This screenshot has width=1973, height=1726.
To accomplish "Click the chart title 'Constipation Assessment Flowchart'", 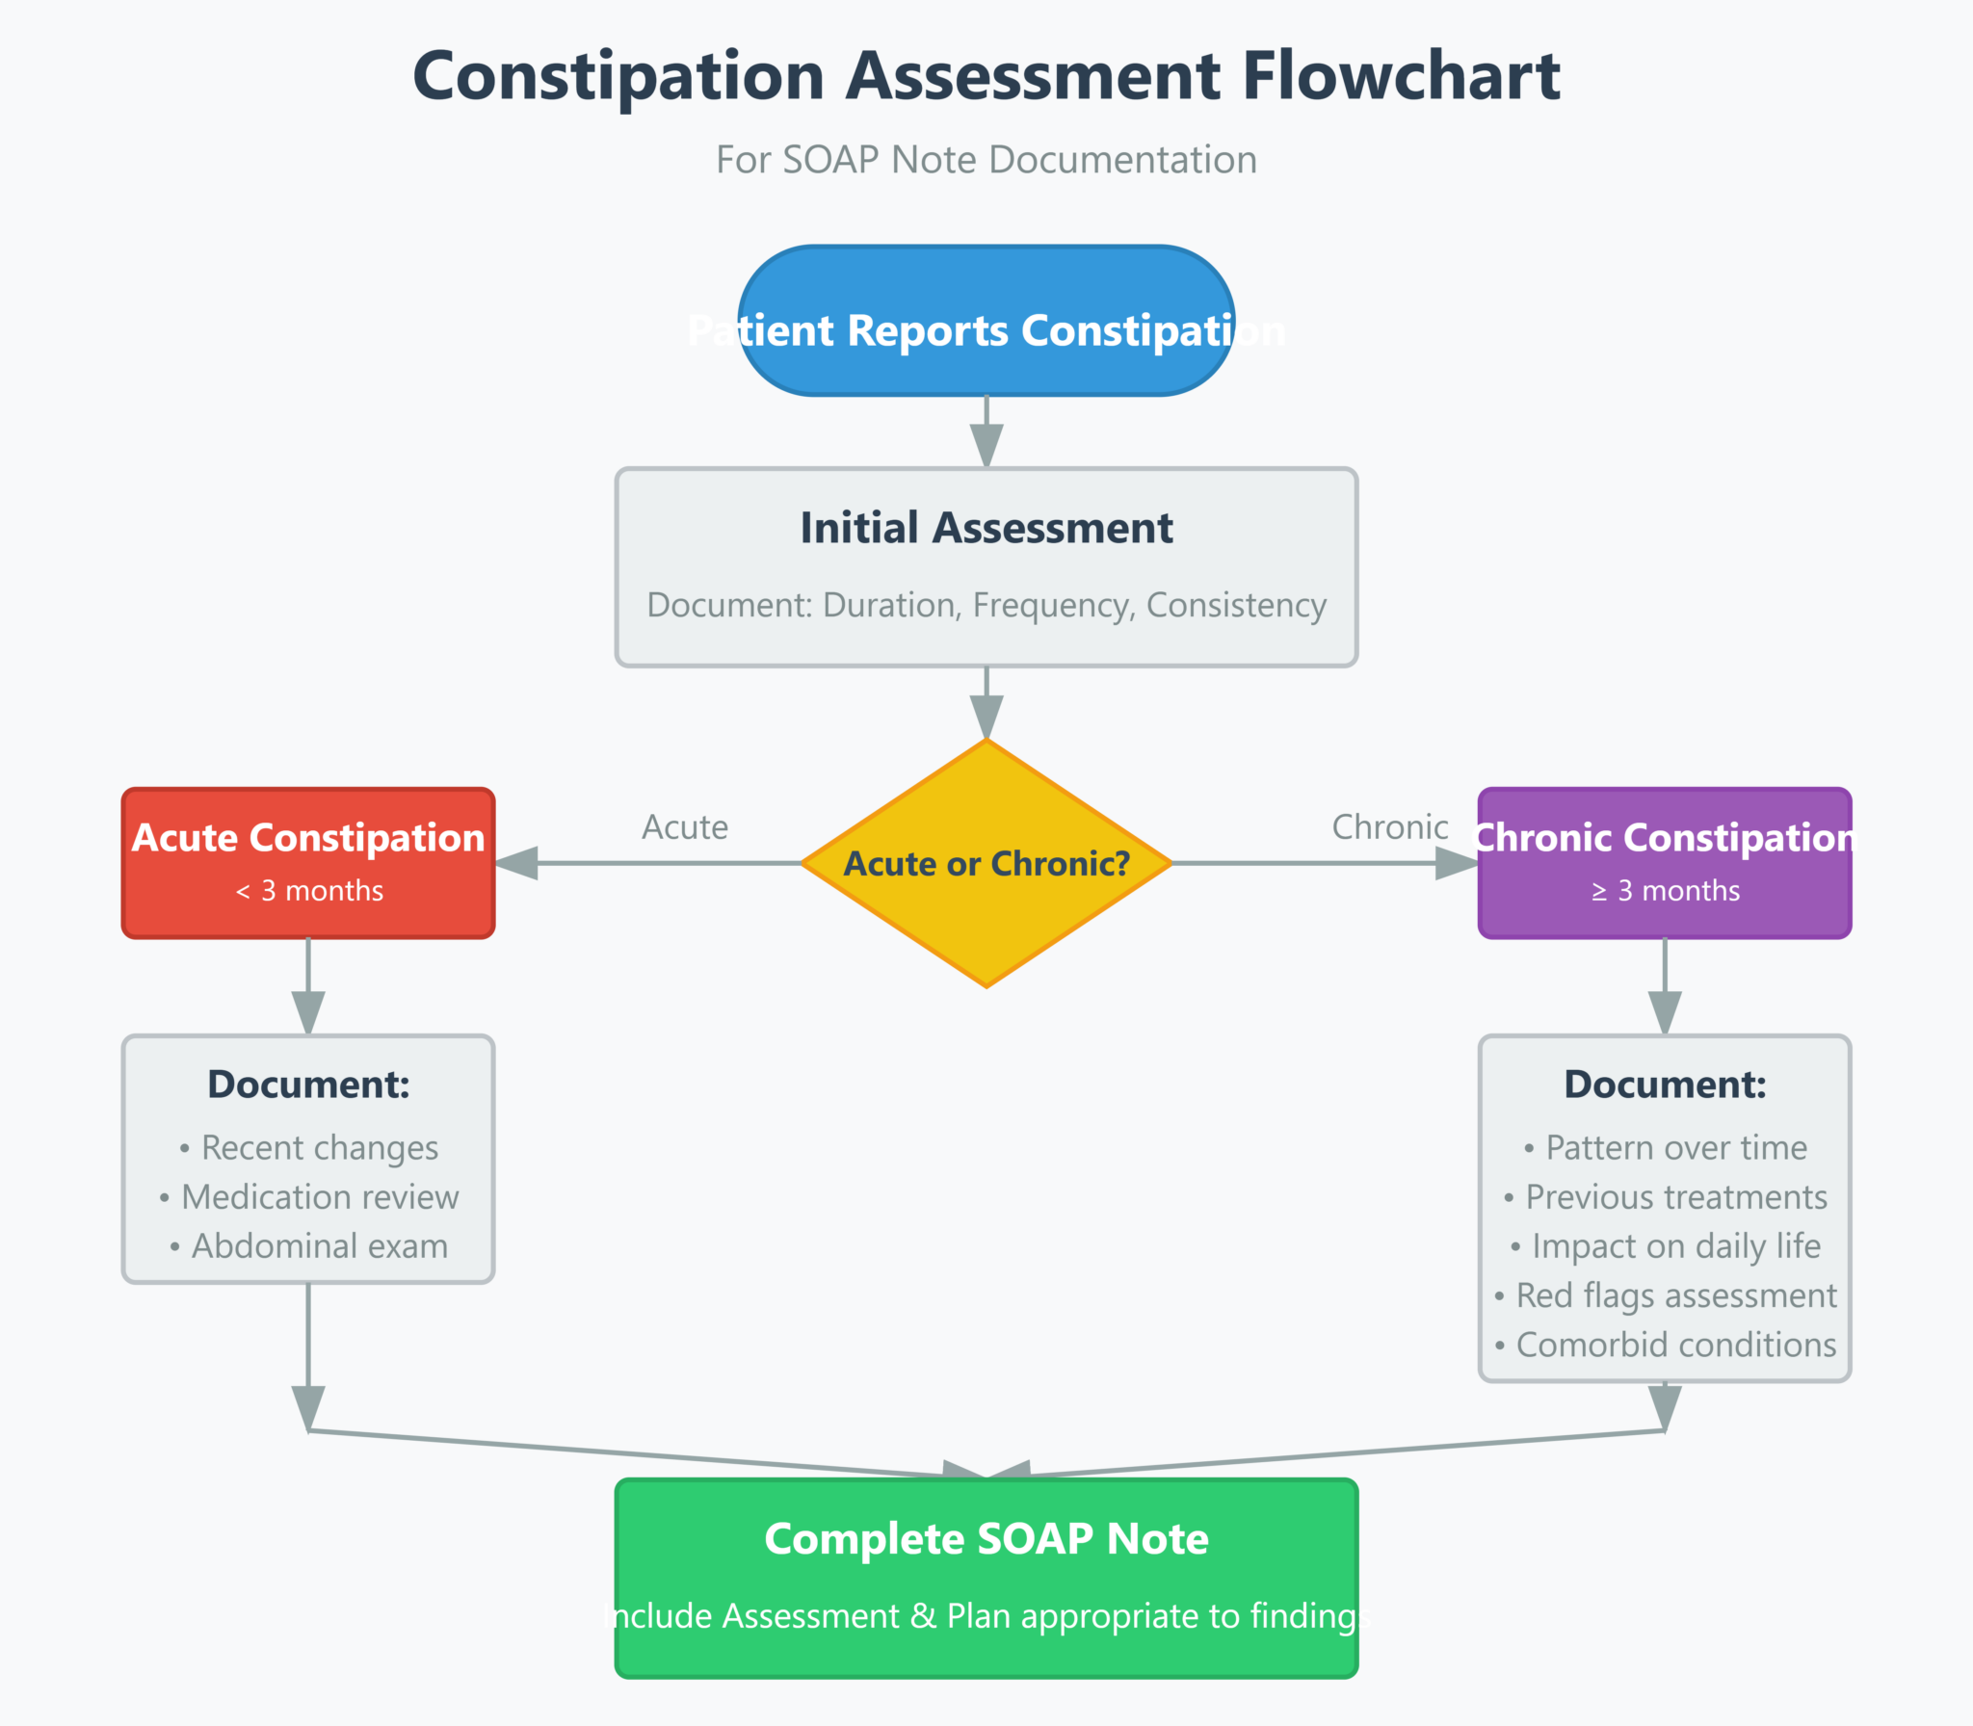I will (x=986, y=76).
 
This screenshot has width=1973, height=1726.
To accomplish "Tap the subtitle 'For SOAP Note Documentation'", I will (x=986, y=160).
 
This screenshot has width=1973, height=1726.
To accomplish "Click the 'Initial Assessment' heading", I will (x=986, y=528).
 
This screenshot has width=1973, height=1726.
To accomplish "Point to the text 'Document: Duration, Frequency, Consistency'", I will (x=986, y=605).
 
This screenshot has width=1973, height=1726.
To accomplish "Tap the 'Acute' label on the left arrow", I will (x=685, y=827).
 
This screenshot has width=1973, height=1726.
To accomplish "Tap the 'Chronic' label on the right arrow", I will (x=1389, y=827).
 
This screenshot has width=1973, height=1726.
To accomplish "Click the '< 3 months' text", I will (x=308, y=891).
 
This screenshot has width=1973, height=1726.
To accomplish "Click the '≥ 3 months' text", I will (x=1665, y=891).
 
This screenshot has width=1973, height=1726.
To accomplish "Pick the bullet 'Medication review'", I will (x=309, y=1197).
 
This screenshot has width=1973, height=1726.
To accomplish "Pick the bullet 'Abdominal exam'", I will (x=309, y=1246).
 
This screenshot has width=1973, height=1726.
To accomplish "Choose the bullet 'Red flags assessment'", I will (x=1666, y=1295).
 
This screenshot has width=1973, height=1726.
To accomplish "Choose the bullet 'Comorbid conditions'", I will (x=1666, y=1345).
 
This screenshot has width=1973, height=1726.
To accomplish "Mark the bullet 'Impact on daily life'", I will (x=1666, y=1246).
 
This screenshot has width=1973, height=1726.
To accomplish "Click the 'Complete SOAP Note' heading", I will (x=986, y=1539).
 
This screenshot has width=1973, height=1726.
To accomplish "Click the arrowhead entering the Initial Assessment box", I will (x=986, y=447).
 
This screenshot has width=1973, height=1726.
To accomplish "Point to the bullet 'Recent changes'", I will (x=309, y=1148).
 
